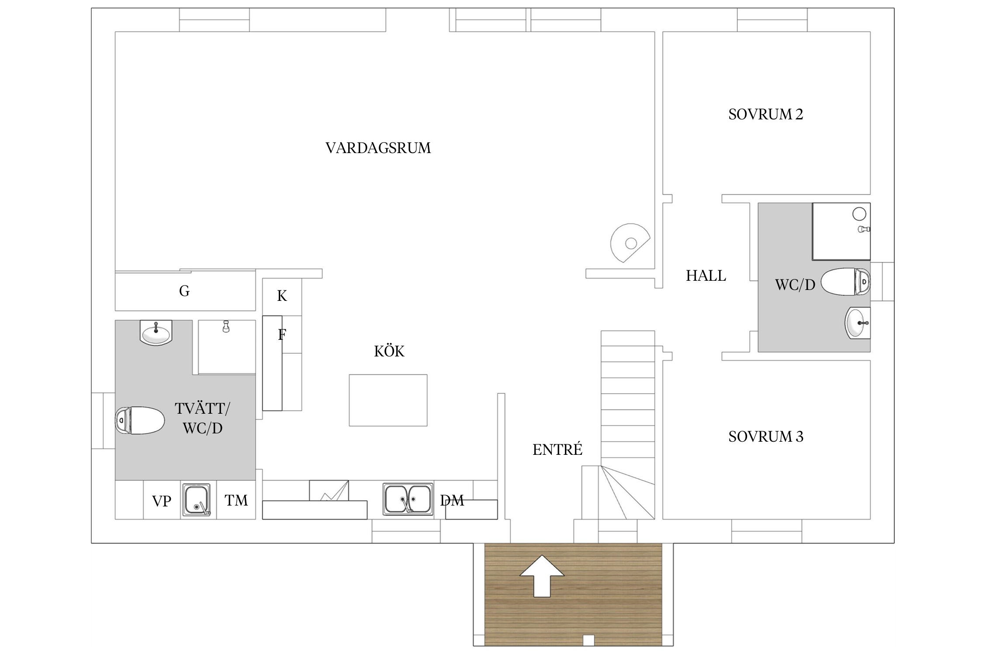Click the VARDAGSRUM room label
[378, 148]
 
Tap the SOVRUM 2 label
[765, 115]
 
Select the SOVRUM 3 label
[765, 436]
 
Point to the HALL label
[706, 276]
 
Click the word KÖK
[389, 351]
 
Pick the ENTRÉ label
[557, 449]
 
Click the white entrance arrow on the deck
[542, 576]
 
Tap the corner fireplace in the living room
[630, 243]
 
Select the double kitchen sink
[408, 499]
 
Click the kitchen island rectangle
[388, 400]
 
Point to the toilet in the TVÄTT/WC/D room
[139, 420]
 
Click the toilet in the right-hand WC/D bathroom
[845, 282]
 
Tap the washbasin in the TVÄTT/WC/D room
[156, 333]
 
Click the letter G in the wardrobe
[184, 291]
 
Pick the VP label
[162, 501]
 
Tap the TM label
[236, 500]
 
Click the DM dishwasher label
[452, 500]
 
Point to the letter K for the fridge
[282, 296]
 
